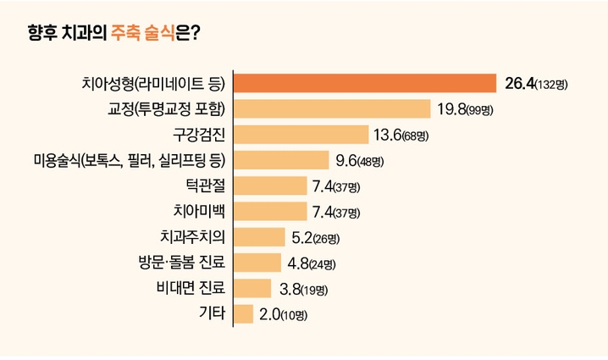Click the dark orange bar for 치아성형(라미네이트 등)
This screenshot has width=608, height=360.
click(x=364, y=83)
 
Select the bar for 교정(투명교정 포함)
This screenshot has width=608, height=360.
click(x=332, y=108)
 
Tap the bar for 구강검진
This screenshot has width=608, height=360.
click(x=301, y=134)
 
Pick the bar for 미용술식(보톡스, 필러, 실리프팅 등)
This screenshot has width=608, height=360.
click(x=281, y=160)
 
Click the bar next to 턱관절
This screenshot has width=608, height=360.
click(x=270, y=186)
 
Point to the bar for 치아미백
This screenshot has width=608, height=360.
click(x=270, y=211)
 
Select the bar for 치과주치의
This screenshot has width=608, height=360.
click(x=259, y=237)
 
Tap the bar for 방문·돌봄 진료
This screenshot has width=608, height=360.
click(x=257, y=263)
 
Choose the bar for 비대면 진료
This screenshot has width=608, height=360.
click(x=252, y=288)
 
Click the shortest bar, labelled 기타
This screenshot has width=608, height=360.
click(x=244, y=314)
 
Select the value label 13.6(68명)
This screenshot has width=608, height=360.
click(x=401, y=135)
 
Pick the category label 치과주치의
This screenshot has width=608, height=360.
click(x=192, y=236)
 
